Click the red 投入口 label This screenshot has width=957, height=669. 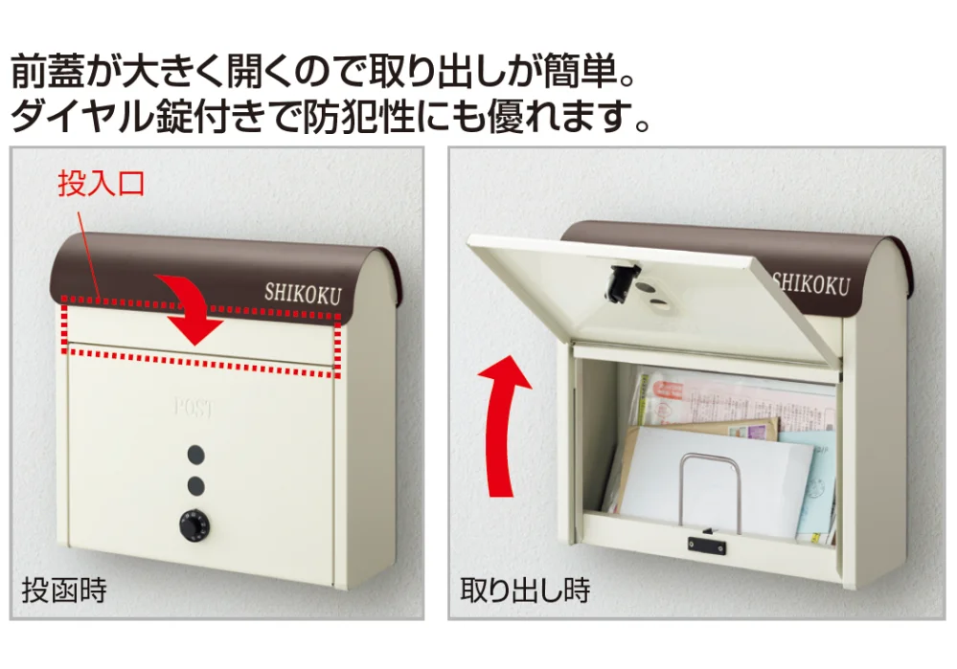101,183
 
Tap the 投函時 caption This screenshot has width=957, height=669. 64,591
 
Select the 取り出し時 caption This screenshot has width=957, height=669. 525,590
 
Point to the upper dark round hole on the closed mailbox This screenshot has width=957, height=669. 196,454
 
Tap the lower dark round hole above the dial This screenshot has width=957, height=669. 196,485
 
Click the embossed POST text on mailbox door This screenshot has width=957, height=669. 194,407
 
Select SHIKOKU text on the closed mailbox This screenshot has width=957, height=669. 303,294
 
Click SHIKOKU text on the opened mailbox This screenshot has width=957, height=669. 811,283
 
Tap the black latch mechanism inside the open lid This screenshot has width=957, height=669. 621,281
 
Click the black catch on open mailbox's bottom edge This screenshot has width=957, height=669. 707,545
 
